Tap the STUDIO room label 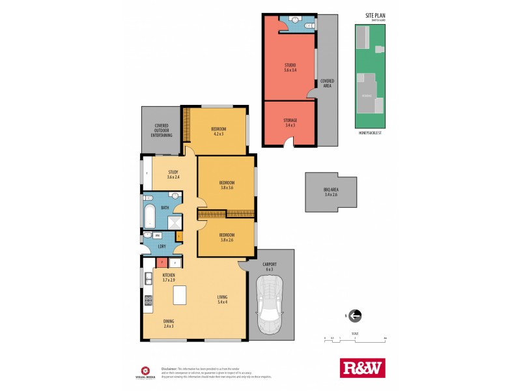click(290, 68)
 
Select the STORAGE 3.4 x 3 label click(290, 123)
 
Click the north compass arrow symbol click(355, 316)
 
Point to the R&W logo click(363, 368)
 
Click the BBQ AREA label click(331, 192)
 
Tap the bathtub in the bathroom click(150, 216)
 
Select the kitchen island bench click(179, 295)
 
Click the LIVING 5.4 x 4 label click(223, 300)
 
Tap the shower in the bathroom click(174, 222)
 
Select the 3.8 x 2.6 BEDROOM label click(227, 237)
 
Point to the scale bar click(356, 338)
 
